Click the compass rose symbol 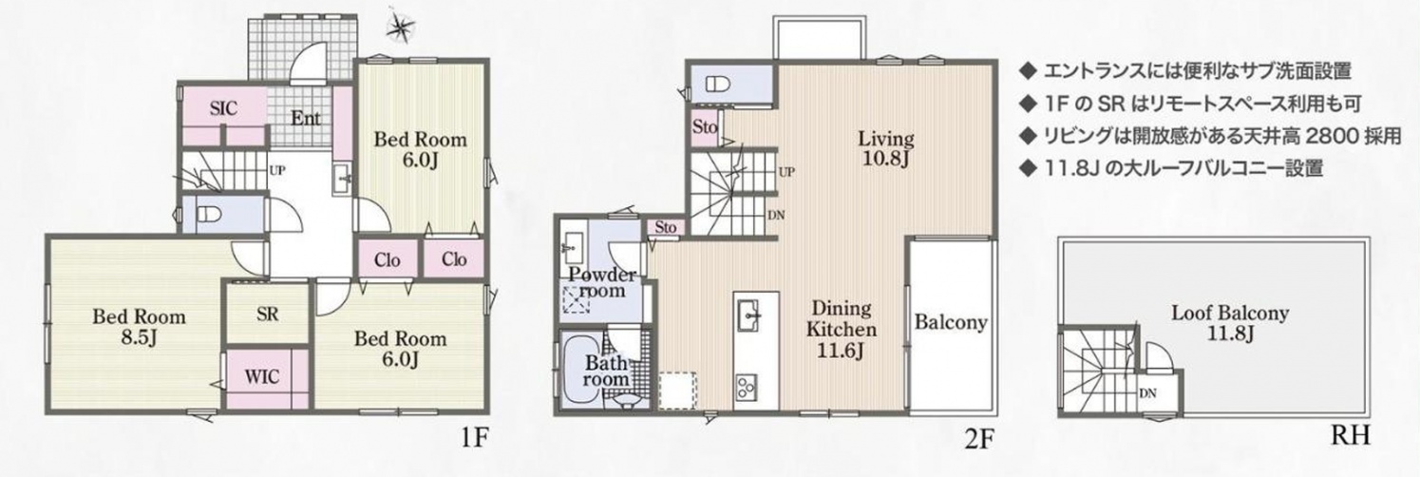[x=401, y=28]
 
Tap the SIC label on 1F [x=224, y=108]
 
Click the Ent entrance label [x=306, y=119]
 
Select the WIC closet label [x=262, y=377]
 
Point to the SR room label [x=268, y=315]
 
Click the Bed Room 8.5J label [x=140, y=326]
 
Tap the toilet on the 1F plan [x=207, y=215]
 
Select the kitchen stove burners [x=747, y=386]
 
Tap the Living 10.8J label [x=886, y=147]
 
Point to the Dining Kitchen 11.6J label [x=842, y=329]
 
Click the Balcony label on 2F [x=951, y=323]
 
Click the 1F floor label [x=474, y=437]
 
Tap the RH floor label [x=1350, y=435]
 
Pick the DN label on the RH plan [x=1147, y=393]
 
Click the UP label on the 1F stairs [x=276, y=170]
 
